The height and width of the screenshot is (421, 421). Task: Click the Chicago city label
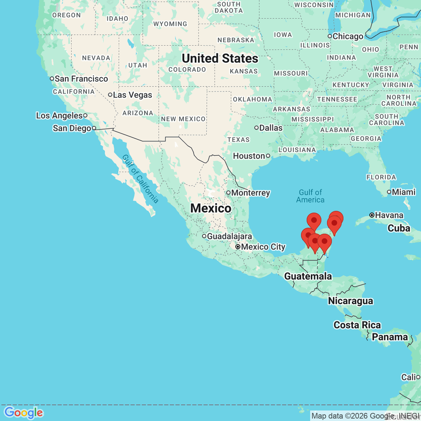tap(348, 36)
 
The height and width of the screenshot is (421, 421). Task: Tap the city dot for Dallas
tap(256, 128)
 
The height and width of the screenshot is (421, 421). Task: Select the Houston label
tap(249, 156)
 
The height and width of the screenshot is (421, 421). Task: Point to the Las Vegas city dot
tap(110, 95)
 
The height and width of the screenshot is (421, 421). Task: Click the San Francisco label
tap(81, 79)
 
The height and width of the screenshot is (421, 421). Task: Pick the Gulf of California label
tap(140, 179)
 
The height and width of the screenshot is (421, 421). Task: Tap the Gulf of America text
tap(310, 196)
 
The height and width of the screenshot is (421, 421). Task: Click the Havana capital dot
tap(372, 215)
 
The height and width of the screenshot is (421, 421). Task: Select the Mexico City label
tap(263, 247)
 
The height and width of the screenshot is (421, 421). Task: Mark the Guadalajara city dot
tap(204, 236)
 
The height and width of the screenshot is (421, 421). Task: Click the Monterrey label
tap(250, 193)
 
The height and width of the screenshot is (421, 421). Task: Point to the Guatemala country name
tap(308, 276)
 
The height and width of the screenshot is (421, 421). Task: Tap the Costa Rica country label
tap(357, 325)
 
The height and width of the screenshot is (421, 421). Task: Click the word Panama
tap(390, 337)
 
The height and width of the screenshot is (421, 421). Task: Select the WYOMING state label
tap(170, 24)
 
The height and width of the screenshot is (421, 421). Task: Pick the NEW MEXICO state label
tap(183, 119)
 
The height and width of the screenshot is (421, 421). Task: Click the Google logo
tap(24, 413)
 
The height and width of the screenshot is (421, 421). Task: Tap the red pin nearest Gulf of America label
tap(314, 221)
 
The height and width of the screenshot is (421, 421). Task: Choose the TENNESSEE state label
tap(337, 99)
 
